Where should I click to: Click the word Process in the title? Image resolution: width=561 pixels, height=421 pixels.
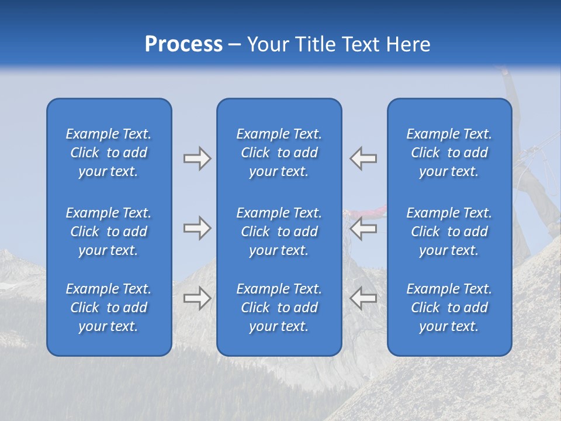click(183, 44)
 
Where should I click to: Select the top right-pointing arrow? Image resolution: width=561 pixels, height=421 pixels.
click(198, 158)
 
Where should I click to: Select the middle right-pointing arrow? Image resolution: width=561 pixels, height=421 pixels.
click(198, 228)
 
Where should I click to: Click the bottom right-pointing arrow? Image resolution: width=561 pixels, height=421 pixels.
click(198, 298)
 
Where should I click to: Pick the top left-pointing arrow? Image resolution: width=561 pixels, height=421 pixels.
click(363, 158)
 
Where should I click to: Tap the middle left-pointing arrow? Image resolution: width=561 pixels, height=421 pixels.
click(363, 228)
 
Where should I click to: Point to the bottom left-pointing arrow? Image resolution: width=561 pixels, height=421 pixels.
click(363, 298)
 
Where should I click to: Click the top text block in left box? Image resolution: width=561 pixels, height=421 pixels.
click(109, 153)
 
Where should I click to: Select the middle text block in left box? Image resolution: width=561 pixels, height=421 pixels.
click(109, 232)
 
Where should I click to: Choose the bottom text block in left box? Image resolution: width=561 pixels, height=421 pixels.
click(109, 308)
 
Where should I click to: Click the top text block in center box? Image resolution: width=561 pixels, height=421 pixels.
click(279, 153)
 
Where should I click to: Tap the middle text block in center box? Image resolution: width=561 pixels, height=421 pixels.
click(279, 232)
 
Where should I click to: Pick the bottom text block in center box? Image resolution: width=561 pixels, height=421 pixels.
click(279, 308)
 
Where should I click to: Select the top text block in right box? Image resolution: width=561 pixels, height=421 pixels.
click(449, 153)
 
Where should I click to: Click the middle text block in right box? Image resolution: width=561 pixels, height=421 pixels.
click(449, 232)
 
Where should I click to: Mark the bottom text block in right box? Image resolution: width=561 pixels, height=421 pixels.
click(449, 308)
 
